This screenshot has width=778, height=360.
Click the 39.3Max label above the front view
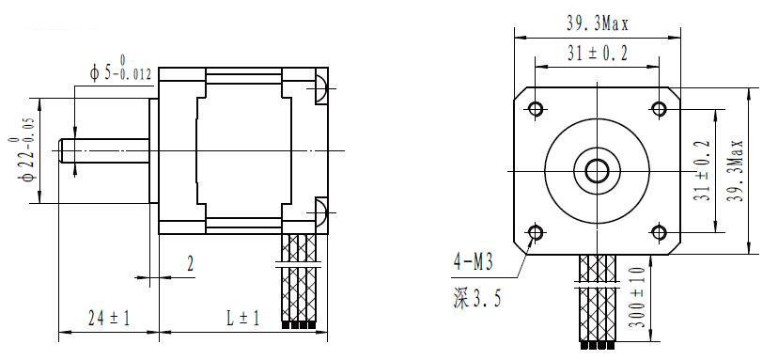[598, 23]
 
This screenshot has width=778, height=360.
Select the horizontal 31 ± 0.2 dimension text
[598, 53]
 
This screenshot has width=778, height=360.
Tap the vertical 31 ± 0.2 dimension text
[702, 170]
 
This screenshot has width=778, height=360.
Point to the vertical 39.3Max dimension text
[735, 170]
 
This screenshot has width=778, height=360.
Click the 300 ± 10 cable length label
[639, 297]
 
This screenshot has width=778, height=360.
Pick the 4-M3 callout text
[473, 261]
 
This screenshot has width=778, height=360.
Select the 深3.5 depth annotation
[476, 299]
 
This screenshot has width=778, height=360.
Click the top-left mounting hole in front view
[536, 108]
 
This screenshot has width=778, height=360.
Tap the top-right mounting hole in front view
[659, 108]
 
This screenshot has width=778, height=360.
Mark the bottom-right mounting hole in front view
[659, 232]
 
